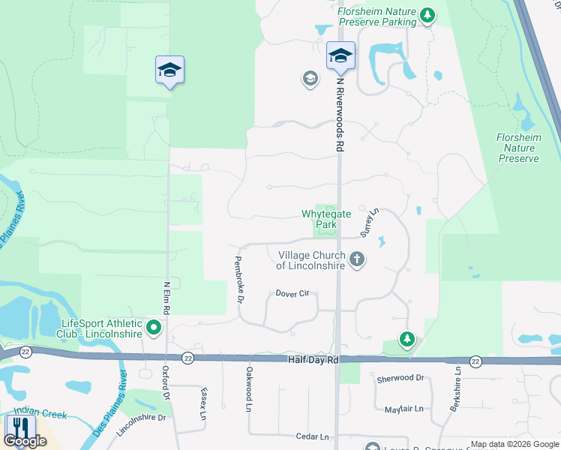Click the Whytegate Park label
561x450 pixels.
click(326, 219)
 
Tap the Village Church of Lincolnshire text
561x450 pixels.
click(310, 260)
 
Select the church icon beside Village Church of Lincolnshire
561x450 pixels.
click(357, 260)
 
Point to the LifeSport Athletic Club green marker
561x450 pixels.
click(154, 328)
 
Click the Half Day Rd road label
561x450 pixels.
click(313, 360)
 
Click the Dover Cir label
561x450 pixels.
click(292, 293)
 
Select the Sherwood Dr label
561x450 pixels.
click(400, 379)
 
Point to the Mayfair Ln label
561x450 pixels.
click(403, 409)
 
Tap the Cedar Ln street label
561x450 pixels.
click(313, 436)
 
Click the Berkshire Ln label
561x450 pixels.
click(457, 388)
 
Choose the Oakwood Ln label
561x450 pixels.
click(249, 388)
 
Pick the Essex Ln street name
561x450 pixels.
click(203, 403)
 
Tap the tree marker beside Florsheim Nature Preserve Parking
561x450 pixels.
click(427, 15)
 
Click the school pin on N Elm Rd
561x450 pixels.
click(170, 70)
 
